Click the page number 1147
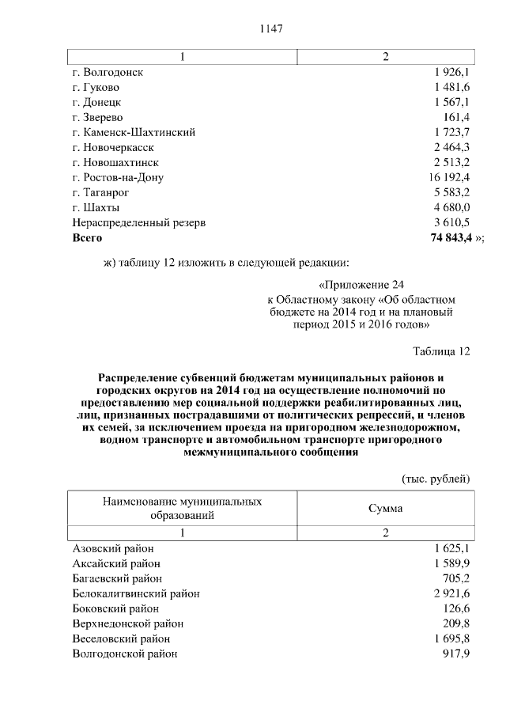click(x=271, y=28)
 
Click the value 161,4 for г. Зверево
click(x=455, y=117)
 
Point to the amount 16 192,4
click(x=450, y=177)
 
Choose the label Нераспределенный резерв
click(x=139, y=222)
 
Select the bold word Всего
click(x=87, y=237)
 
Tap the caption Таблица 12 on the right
click(x=442, y=350)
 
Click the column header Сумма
click(x=386, y=508)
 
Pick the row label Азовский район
click(x=113, y=548)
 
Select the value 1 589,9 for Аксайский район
click(x=452, y=563)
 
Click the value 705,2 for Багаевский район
click(x=456, y=578)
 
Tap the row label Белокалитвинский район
click(x=136, y=593)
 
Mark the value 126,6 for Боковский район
click(x=456, y=608)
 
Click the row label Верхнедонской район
click(x=126, y=623)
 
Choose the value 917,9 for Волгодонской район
click(x=456, y=653)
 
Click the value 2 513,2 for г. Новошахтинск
click(x=452, y=162)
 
